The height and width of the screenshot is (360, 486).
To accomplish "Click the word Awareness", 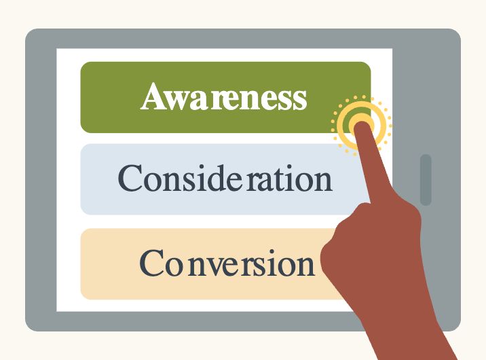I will [x=224, y=98].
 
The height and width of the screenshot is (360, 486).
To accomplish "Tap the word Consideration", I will [x=225, y=179].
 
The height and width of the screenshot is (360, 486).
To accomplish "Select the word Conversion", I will [x=227, y=263].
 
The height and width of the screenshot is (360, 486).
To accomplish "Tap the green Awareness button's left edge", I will [x=83, y=97].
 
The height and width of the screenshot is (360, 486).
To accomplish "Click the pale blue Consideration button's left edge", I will [x=83, y=179].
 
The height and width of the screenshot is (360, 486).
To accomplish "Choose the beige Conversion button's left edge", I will [x=83, y=264].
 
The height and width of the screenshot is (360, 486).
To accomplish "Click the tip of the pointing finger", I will [x=362, y=124].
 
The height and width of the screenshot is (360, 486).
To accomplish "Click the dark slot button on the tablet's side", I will [x=426, y=179].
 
